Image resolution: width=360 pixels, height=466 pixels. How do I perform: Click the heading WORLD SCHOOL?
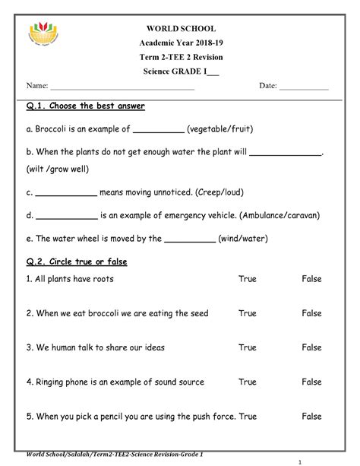pos(180,28)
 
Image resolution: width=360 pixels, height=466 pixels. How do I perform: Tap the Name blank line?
pos(122,88)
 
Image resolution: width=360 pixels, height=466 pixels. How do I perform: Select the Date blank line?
pos(304,88)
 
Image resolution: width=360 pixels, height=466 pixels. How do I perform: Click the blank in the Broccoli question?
pos(159,131)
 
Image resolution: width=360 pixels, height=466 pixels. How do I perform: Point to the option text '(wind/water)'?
pos(242,238)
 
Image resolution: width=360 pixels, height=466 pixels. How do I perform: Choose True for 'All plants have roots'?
pos(248,279)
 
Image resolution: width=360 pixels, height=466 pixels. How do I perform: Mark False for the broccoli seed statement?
pos(311,312)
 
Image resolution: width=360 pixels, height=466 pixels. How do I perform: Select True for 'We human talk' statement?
pos(248,347)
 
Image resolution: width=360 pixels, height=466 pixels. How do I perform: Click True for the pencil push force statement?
pos(248,416)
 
